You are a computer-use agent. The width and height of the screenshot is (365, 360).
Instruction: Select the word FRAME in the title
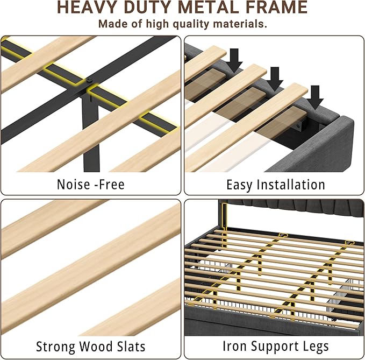(276, 7)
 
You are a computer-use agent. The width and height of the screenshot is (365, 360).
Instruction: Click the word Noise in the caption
(74, 185)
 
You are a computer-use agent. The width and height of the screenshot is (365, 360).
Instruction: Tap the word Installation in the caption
(291, 185)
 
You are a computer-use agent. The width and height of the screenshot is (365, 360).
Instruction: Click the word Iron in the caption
(234, 346)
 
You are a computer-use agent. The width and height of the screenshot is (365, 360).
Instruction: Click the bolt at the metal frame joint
(89, 81)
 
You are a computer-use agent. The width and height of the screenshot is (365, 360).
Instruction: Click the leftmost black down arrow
(235, 60)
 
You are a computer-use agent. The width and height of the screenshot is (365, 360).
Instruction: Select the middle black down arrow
(275, 79)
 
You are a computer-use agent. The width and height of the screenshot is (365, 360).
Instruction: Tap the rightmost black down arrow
(315, 97)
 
